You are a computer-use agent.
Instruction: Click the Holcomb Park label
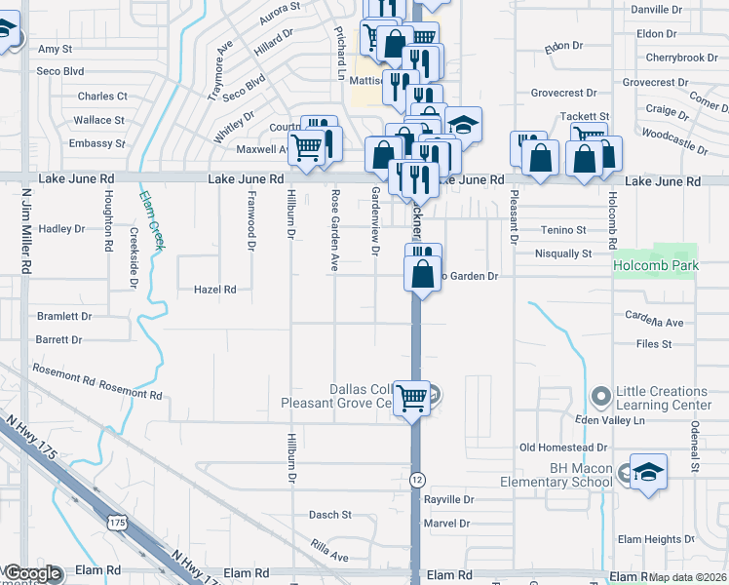click(x=655, y=265)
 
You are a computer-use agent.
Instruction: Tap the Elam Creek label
click(x=152, y=219)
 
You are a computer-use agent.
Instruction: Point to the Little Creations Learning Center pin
click(x=599, y=397)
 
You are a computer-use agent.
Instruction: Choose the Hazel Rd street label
click(x=215, y=290)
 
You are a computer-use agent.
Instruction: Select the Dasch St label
click(x=329, y=515)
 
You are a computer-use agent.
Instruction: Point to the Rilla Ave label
click(x=328, y=556)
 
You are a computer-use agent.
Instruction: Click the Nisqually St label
click(x=563, y=253)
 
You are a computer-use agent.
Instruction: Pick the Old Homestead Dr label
click(x=563, y=448)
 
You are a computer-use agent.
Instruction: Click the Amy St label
click(x=55, y=49)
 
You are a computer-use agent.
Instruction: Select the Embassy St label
click(x=97, y=143)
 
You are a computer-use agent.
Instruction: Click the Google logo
click(x=33, y=573)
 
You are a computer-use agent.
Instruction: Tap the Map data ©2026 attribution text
click(x=688, y=577)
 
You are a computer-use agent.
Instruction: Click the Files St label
click(x=653, y=344)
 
